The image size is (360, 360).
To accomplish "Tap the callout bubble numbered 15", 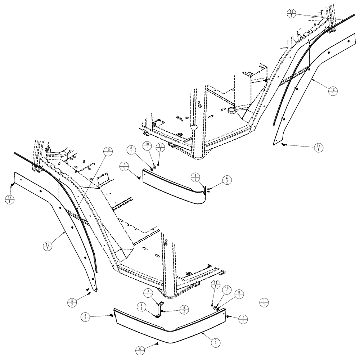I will pos(107,151).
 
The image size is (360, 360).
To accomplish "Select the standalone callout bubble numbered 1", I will pos(265,302).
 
